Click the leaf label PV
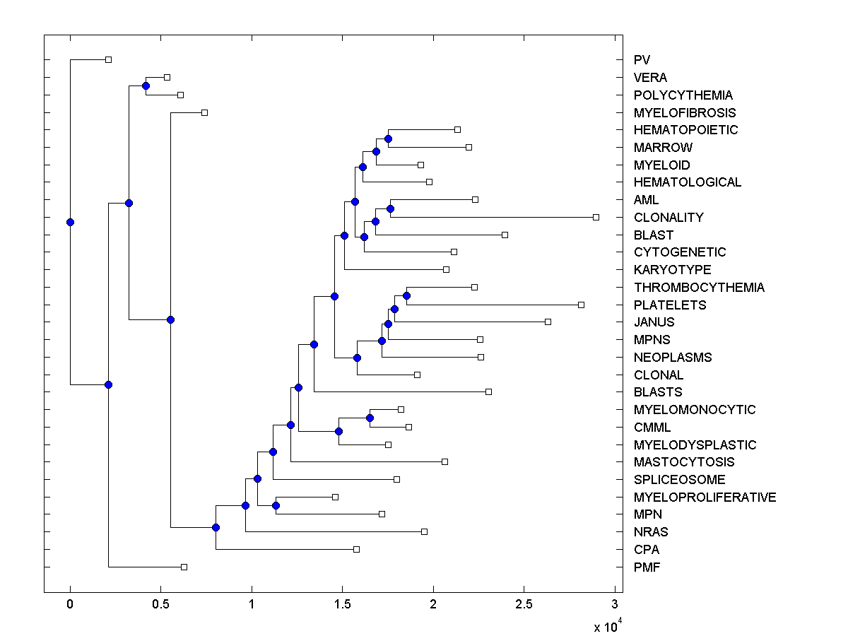[x=642, y=60]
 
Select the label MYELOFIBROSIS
[x=684, y=112]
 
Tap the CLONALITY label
[x=669, y=218]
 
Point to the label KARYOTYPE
[x=672, y=270]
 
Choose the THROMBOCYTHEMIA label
[x=699, y=288]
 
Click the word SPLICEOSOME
[x=679, y=480]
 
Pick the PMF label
[x=647, y=567]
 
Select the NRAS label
[x=651, y=532]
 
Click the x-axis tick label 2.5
[x=524, y=604]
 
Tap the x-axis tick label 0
[x=70, y=604]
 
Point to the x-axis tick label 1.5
[x=342, y=604]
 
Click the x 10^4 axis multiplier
[x=607, y=625]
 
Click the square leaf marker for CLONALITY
[x=596, y=217]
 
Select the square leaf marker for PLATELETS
[x=581, y=305]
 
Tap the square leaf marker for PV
[x=108, y=59]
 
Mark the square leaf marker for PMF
[x=184, y=567]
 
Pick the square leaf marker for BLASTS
[x=488, y=391]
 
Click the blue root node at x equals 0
[x=70, y=222]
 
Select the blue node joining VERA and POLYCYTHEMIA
[x=146, y=86]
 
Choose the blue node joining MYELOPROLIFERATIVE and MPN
[x=276, y=505]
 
